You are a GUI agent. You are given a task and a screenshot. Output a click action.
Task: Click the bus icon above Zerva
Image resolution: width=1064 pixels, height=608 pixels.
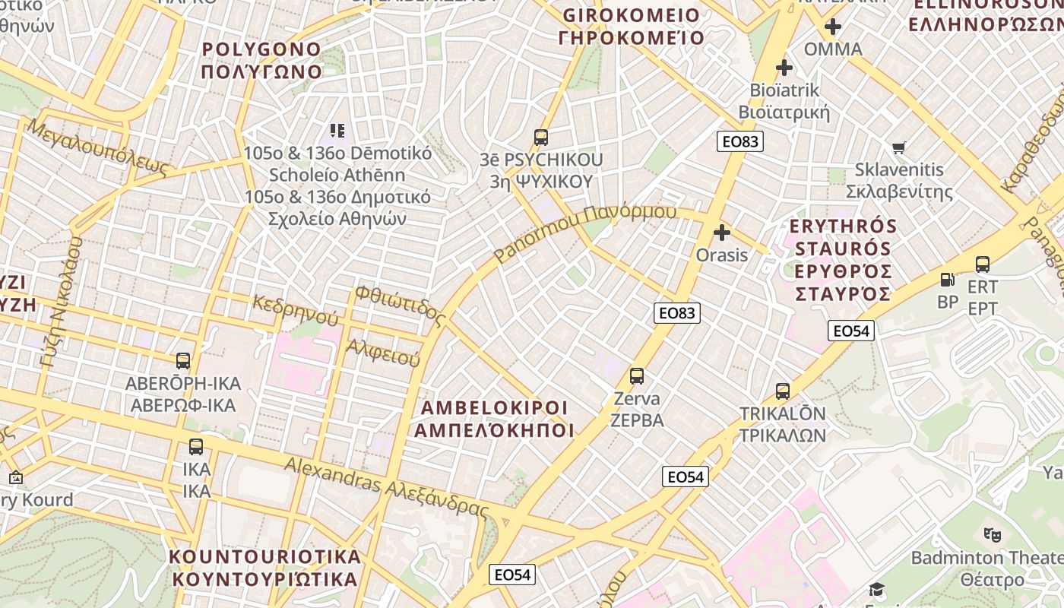[x=637, y=375]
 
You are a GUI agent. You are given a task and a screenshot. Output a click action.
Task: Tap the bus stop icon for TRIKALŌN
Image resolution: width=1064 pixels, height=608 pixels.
[x=783, y=391]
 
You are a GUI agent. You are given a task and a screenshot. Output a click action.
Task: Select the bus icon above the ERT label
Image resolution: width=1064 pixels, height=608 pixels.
[x=983, y=264]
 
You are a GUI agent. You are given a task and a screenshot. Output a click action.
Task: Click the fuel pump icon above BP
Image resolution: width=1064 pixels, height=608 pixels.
[x=947, y=280]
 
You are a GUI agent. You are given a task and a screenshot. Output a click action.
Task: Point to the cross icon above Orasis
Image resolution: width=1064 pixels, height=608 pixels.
[x=722, y=233]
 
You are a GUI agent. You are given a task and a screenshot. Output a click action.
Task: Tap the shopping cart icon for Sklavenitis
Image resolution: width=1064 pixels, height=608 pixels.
[x=899, y=147]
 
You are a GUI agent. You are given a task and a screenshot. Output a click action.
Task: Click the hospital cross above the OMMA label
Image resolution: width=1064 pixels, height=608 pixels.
[x=833, y=27]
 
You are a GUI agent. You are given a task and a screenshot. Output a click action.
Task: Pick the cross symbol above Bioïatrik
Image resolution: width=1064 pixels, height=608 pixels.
[x=784, y=68]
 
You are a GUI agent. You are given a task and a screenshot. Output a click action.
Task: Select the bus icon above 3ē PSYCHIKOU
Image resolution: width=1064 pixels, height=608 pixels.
[x=541, y=138]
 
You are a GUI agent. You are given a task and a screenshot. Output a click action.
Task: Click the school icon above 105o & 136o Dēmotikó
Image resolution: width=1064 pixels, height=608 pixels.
[x=337, y=131]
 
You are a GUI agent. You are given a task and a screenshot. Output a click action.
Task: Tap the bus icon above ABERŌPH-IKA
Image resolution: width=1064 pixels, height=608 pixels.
[x=183, y=360]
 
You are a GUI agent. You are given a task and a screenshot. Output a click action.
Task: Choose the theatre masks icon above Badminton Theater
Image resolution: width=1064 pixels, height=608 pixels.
[x=991, y=535]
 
